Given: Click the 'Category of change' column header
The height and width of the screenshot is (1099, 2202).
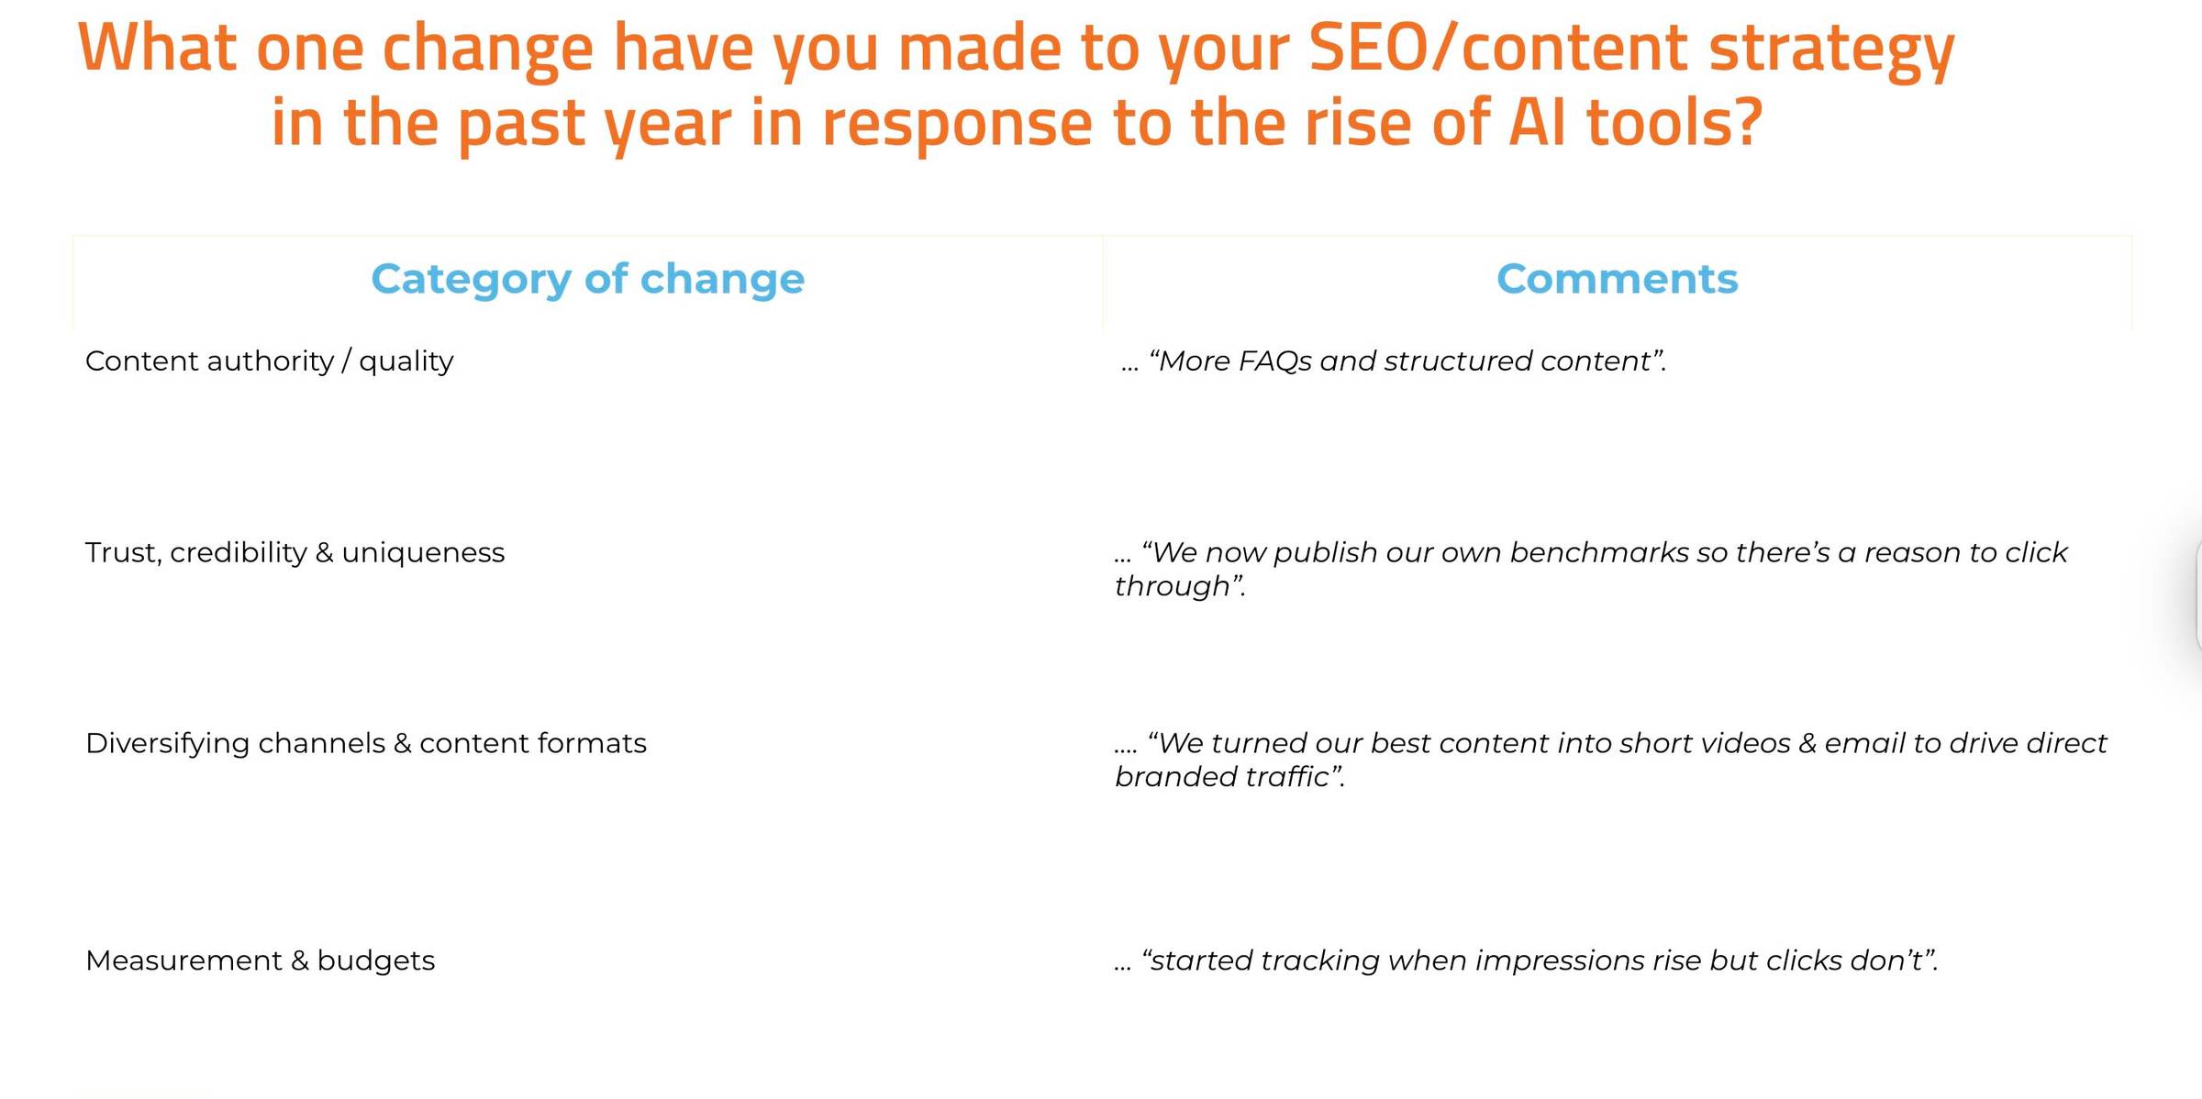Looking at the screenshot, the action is tap(587, 279).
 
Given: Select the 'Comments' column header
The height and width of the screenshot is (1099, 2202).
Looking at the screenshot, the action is tap(1617, 279).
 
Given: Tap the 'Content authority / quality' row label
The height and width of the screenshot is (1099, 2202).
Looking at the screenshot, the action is tap(269, 361).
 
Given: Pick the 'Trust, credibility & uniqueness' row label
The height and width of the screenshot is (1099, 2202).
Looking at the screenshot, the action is tap(295, 553).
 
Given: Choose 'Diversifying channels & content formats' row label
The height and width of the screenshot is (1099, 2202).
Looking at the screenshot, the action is tap(365, 744).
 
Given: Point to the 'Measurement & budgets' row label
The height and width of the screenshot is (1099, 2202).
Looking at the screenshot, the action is tap(260, 960).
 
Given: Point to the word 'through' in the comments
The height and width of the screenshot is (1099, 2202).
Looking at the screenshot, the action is tap(1172, 586).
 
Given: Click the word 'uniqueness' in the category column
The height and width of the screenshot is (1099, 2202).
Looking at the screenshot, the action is tap(423, 553).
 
